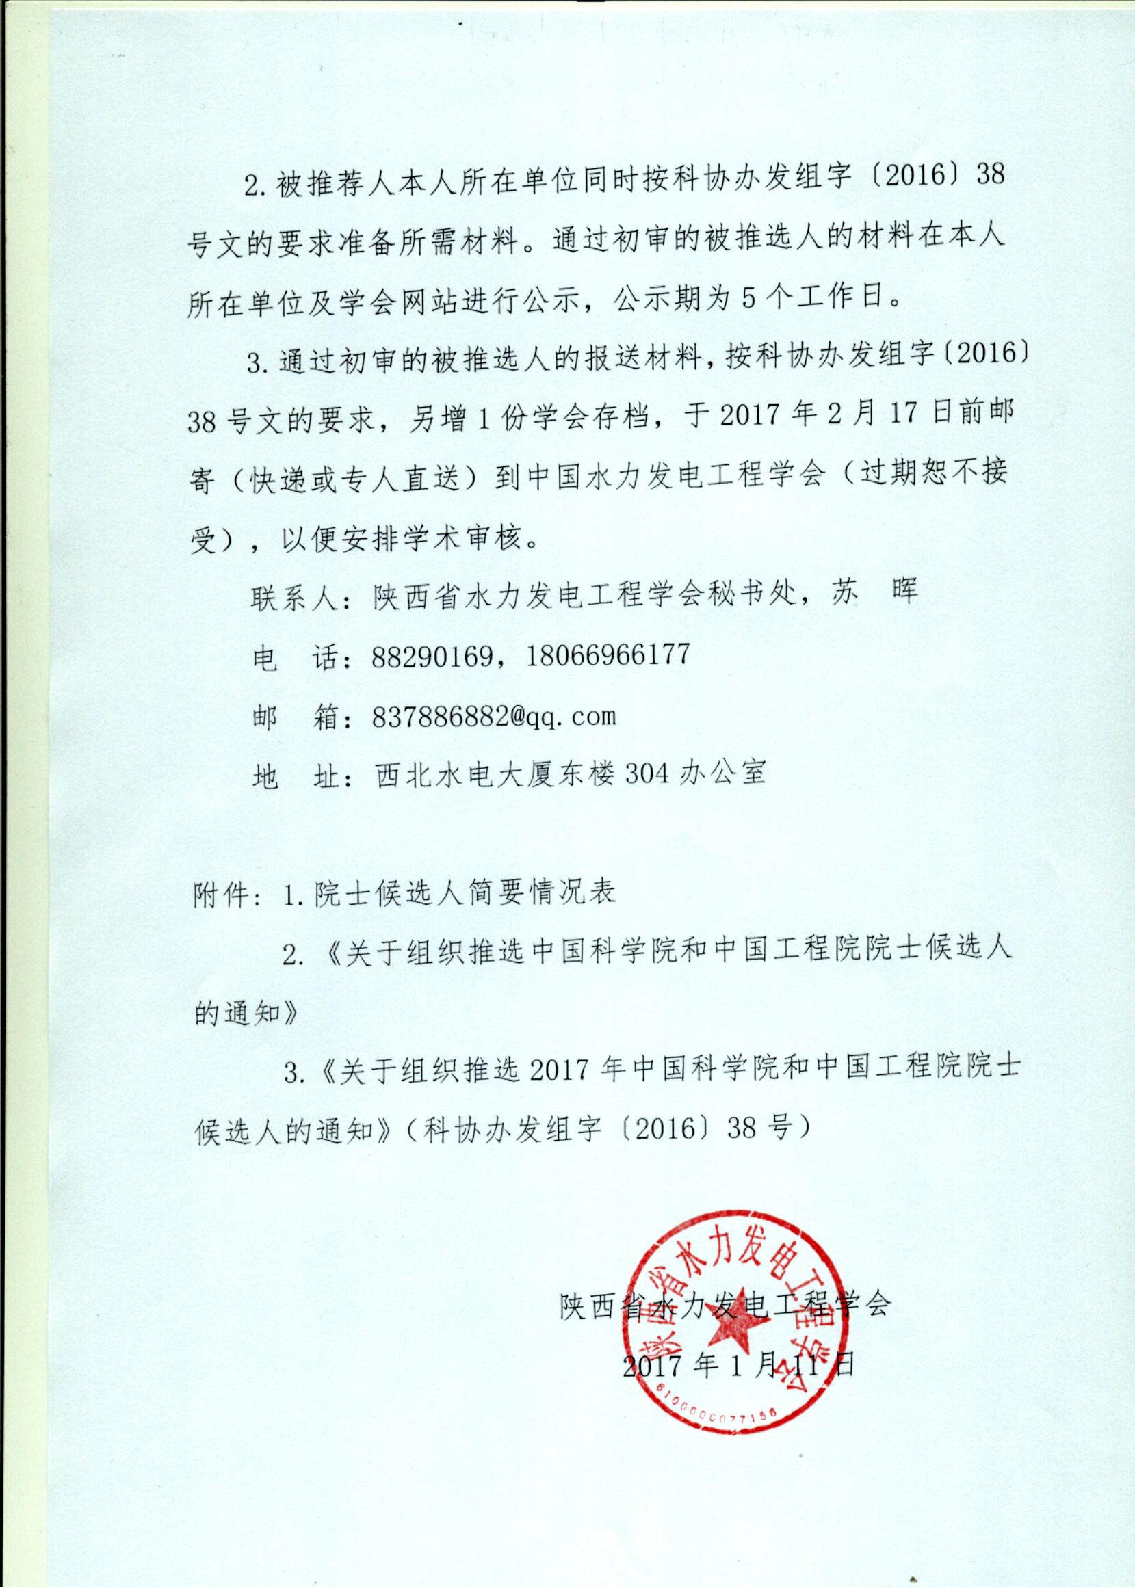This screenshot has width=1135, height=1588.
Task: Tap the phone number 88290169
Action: [x=431, y=656]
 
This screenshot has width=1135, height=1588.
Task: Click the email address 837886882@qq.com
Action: [x=493, y=717]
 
